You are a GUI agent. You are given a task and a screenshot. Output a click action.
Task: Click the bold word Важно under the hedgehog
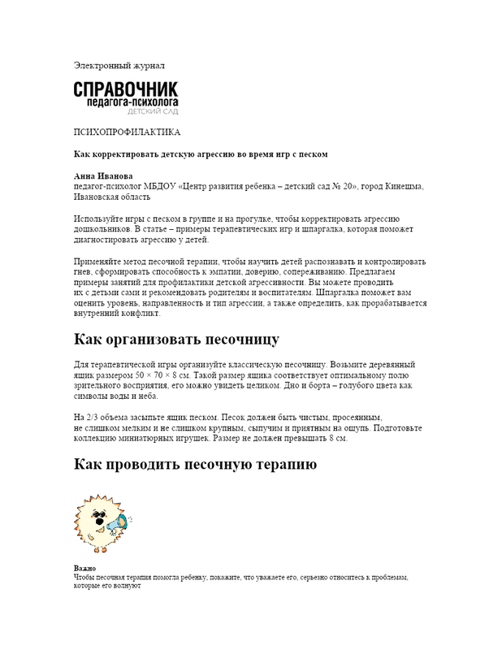[x=84, y=568]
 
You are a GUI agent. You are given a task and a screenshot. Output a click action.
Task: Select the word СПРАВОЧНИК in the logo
[x=125, y=89]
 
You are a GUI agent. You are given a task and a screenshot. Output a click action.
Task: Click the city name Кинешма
[x=404, y=186]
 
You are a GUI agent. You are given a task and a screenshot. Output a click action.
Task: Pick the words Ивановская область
[x=112, y=196]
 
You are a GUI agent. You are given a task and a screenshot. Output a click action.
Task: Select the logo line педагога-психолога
[x=133, y=103]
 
